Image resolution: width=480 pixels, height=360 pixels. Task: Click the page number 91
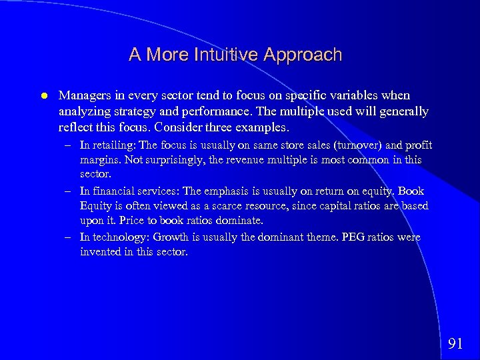455,343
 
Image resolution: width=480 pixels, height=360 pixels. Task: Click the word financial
113,191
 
